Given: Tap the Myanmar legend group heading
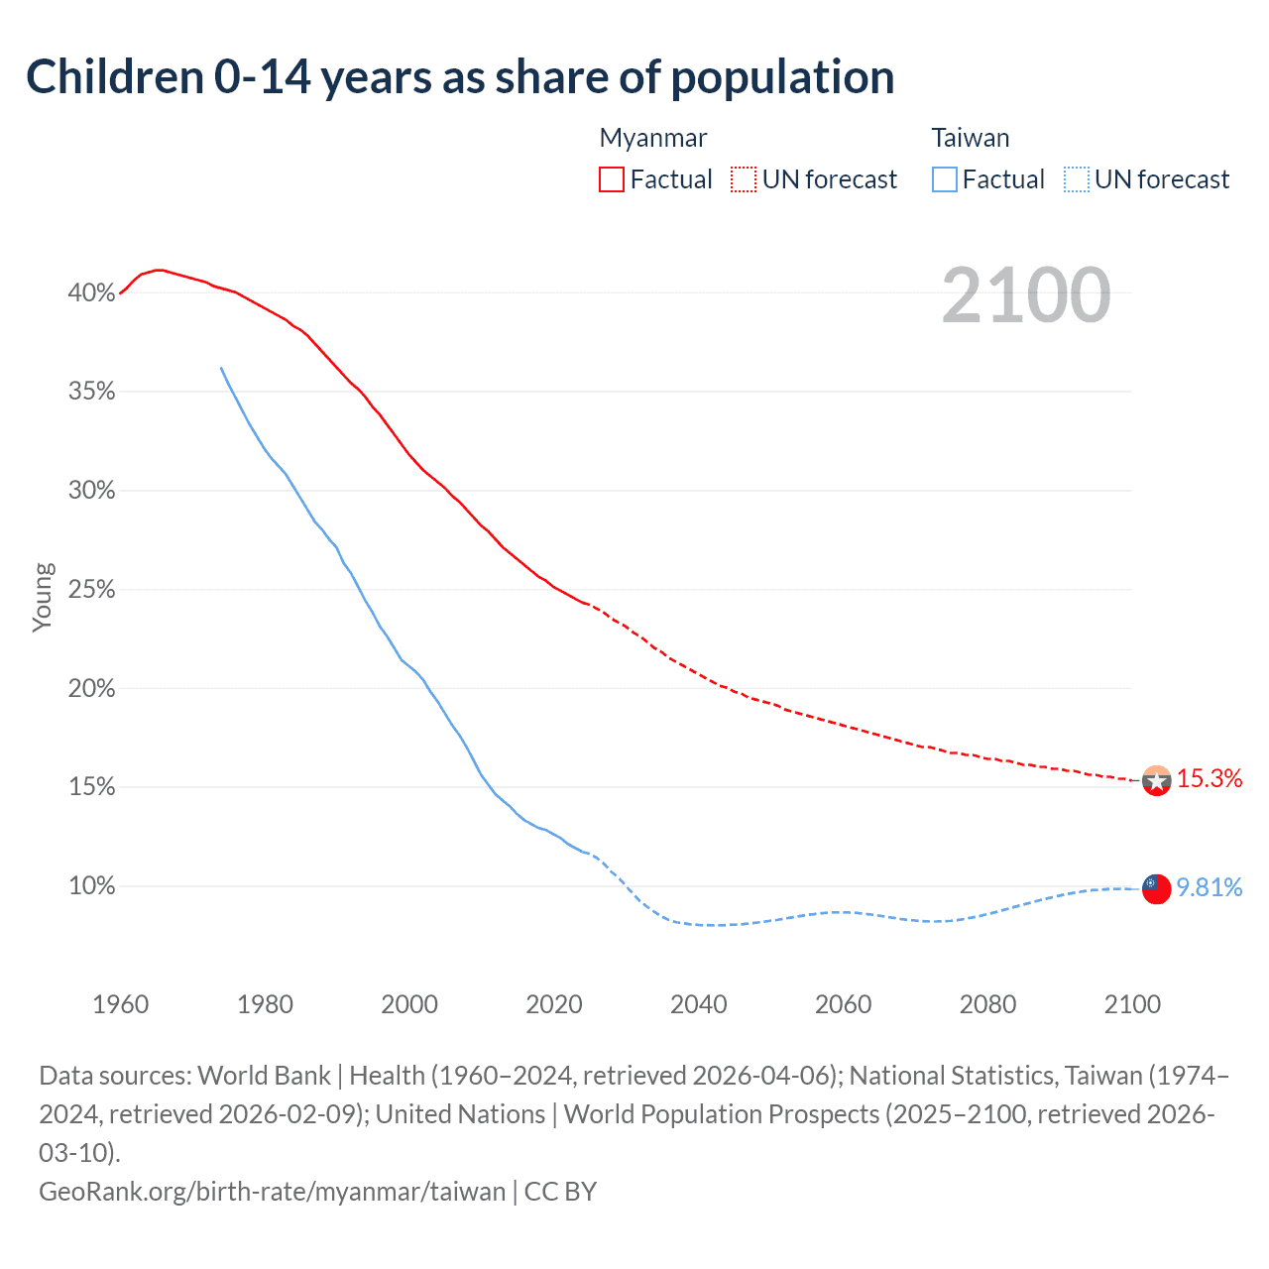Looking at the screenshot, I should pyautogui.click(x=653, y=138).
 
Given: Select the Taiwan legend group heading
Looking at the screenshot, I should pyautogui.click(x=970, y=138).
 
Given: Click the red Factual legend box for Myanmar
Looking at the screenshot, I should pyautogui.click(x=612, y=179).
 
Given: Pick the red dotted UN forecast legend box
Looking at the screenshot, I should pyautogui.click(x=744, y=179).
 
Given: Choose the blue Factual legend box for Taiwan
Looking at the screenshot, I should pyautogui.click(x=945, y=179).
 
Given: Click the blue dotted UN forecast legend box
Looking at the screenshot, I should pyautogui.click(x=1076, y=179).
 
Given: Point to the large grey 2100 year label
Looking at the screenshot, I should pyautogui.click(x=1025, y=294).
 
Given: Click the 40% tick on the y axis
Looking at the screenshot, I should pyautogui.click(x=91, y=292).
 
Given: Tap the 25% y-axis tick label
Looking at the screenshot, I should pyautogui.click(x=91, y=590).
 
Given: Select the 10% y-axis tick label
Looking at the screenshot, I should pyautogui.click(x=91, y=886).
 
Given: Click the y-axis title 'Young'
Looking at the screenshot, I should pyautogui.click(x=43, y=597).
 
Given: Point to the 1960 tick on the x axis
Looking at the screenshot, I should pyautogui.click(x=121, y=1004).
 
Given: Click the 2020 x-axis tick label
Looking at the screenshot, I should pyautogui.click(x=554, y=1004).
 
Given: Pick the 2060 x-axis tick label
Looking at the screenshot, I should pyautogui.click(x=843, y=1004).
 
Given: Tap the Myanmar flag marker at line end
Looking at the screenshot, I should pyautogui.click(x=1156, y=780).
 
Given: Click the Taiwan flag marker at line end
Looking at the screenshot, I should pyautogui.click(x=1156, y=888).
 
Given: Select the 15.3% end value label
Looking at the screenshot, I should pyautogui.click(x=1210, y=778).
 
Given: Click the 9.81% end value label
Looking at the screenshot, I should pyautogui.click(x=1210, y=887).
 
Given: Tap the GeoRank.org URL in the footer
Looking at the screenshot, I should pyautogui.click(x=272, y=1191).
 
